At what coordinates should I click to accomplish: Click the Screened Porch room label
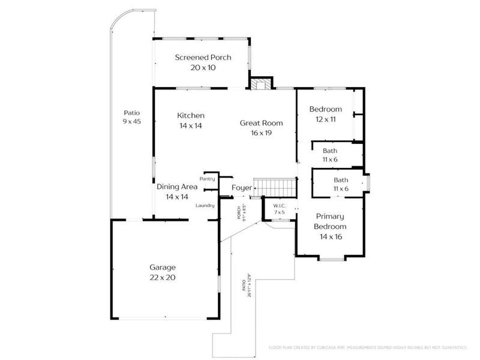203,62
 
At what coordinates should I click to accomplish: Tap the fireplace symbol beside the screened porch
259,84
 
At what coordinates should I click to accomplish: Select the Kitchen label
191,120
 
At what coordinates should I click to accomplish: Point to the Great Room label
261,127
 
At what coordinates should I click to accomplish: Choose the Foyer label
242,188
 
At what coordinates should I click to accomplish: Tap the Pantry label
208,178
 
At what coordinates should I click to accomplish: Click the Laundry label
205,206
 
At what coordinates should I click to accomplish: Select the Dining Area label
177,191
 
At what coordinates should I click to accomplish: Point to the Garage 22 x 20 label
162,272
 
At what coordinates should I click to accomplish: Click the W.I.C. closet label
279,208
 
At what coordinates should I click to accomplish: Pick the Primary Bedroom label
330,232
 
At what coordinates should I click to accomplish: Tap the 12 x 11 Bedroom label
325,114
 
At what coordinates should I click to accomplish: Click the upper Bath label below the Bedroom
329,155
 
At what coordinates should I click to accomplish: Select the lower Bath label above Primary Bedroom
341,184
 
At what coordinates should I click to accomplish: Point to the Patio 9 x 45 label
131,117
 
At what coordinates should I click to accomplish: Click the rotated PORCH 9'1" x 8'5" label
241,211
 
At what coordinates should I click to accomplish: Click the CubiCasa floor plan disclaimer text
367,347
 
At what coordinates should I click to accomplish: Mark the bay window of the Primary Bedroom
331,259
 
